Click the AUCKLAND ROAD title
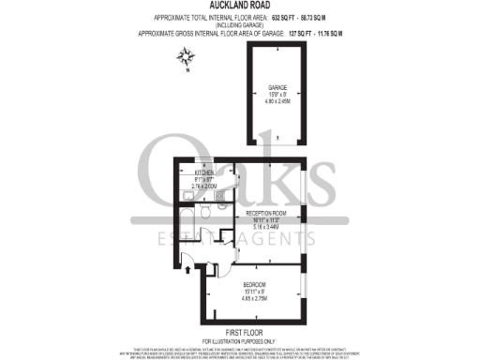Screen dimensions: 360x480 240,6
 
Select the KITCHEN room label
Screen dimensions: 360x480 204,172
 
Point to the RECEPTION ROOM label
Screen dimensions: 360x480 272,214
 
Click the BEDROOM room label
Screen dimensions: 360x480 256,284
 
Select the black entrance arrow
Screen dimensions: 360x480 189,269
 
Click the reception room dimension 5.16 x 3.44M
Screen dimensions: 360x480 272,228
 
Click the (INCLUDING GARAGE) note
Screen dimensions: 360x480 240,24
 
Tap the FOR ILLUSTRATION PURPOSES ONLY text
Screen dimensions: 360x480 240,338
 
